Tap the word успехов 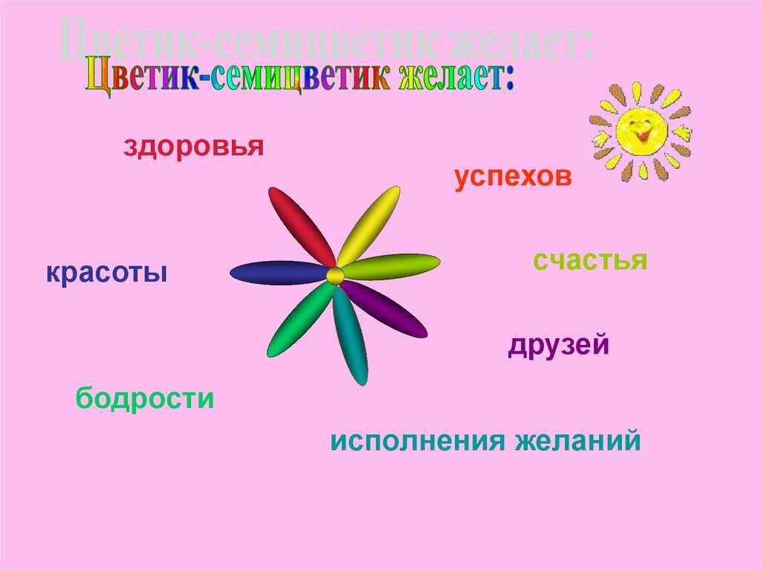coord(513,178)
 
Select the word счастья coord(590,260)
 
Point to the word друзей coord(558,346)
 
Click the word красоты coord(107,273)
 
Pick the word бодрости coord(145,398)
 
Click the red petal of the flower coord(301,226)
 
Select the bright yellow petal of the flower coord(369,225)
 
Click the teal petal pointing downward coord(351,335)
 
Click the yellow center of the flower coord(335,276)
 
